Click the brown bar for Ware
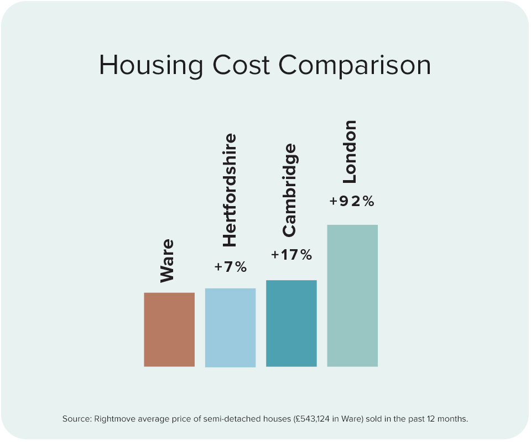coord(169,329)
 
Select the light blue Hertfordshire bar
coord(230,327)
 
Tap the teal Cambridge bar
coord(291,323)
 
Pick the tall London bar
coord(352,296)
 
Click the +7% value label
coord(231,267)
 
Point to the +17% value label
coord(291,255)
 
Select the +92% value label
coord(352,202)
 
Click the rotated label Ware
coord(167,261)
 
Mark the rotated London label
coord(350,151)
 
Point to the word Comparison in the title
coord(355,66)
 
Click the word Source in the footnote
coord(76,419)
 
